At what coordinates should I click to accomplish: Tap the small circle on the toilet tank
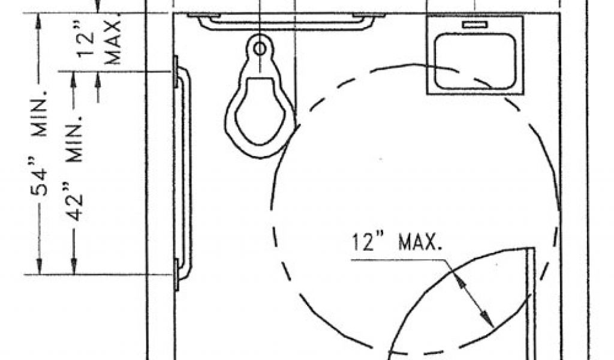(x=260, y=49)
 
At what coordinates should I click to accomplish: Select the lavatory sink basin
(x=475, y=62)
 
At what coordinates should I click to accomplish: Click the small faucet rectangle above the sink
(x=475, y=25)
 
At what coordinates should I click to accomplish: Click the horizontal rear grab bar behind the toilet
(x=286, y=22)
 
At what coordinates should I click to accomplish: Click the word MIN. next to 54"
(x=40, y=113)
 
